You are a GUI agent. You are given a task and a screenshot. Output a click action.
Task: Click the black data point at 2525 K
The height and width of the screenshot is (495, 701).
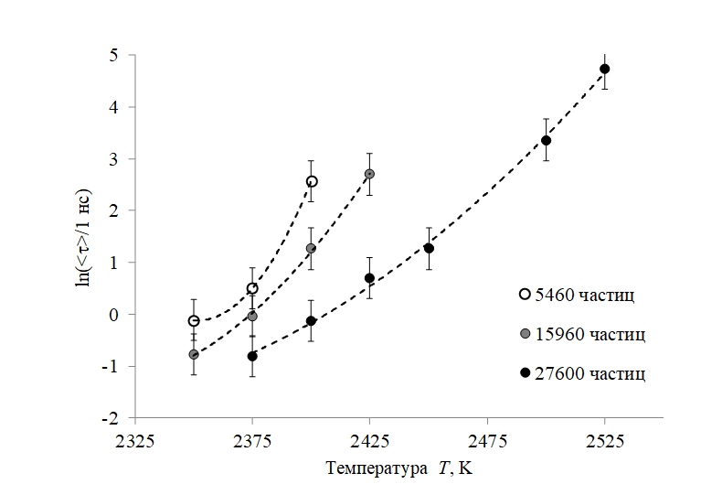coord(604,69)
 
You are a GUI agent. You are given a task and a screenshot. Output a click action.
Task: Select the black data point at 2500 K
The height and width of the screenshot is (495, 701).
coord(546,140)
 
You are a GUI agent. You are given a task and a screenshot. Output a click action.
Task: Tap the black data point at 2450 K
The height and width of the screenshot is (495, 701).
coord(429,248)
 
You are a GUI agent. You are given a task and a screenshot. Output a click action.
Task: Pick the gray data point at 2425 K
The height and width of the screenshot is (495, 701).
coord(369,174)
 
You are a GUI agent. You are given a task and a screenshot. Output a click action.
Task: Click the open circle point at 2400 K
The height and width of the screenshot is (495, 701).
coord(312,181)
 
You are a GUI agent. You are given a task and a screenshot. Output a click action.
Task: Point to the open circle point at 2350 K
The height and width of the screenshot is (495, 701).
coord(194,320)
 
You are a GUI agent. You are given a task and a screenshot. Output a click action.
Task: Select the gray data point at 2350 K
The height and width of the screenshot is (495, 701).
coord(194,354)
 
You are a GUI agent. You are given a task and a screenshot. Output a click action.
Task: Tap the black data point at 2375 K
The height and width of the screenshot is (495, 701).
coord(252,356)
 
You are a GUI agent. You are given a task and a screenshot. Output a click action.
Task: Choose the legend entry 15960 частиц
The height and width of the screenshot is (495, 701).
coord(585,334)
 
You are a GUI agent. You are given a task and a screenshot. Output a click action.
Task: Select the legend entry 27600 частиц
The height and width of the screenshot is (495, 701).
coord(585,373)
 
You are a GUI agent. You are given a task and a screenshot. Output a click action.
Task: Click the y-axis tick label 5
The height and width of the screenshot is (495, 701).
coord(113,55)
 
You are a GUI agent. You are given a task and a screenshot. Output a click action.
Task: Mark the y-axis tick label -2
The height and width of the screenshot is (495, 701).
coord(111,418)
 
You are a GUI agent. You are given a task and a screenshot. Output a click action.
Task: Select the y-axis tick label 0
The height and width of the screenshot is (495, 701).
coord(113,315)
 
